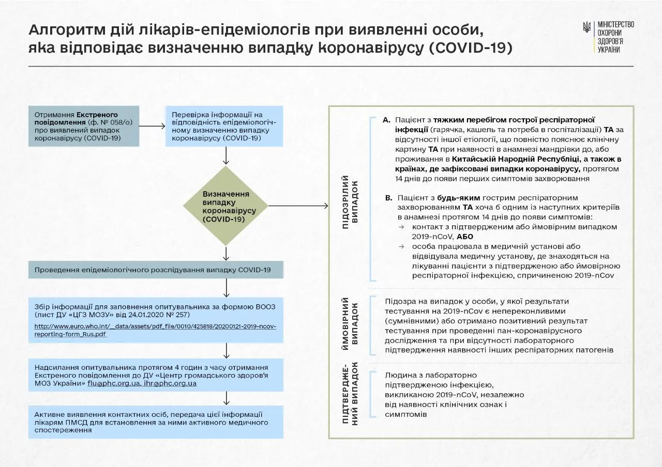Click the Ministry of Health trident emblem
587,27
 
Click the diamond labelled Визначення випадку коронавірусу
226,206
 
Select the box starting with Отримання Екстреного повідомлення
84,126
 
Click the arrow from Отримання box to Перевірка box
152,126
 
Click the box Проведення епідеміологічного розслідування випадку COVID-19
156,270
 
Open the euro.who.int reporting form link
156,330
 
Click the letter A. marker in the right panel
386,120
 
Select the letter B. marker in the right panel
389,198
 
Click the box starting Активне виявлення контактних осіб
156,422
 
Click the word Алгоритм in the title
62,30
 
